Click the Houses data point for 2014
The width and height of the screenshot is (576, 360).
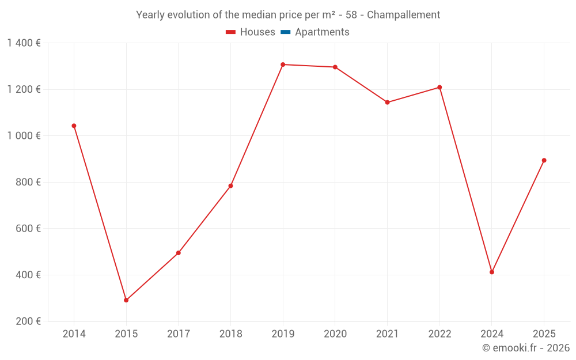(74, 126)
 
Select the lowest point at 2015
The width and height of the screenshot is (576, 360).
(126, 300)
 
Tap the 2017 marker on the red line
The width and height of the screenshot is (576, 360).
(179, 253)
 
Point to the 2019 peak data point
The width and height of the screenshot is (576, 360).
(283, 65)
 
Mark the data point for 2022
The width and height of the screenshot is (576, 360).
(439, 88)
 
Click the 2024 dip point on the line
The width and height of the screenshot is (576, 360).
(492, 272)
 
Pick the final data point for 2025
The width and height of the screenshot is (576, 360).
(544, 160)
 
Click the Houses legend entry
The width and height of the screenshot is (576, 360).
(257, 32)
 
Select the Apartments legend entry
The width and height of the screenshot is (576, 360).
(322, 32)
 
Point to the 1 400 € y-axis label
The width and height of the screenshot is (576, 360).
(24, 43)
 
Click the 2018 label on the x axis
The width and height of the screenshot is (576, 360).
(230, 334)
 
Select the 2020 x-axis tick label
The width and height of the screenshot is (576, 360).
(335, 334)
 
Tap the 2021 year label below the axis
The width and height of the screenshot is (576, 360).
(387, 334)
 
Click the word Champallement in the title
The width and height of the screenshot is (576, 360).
(403, 15)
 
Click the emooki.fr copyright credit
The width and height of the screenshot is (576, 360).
(526, 348)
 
